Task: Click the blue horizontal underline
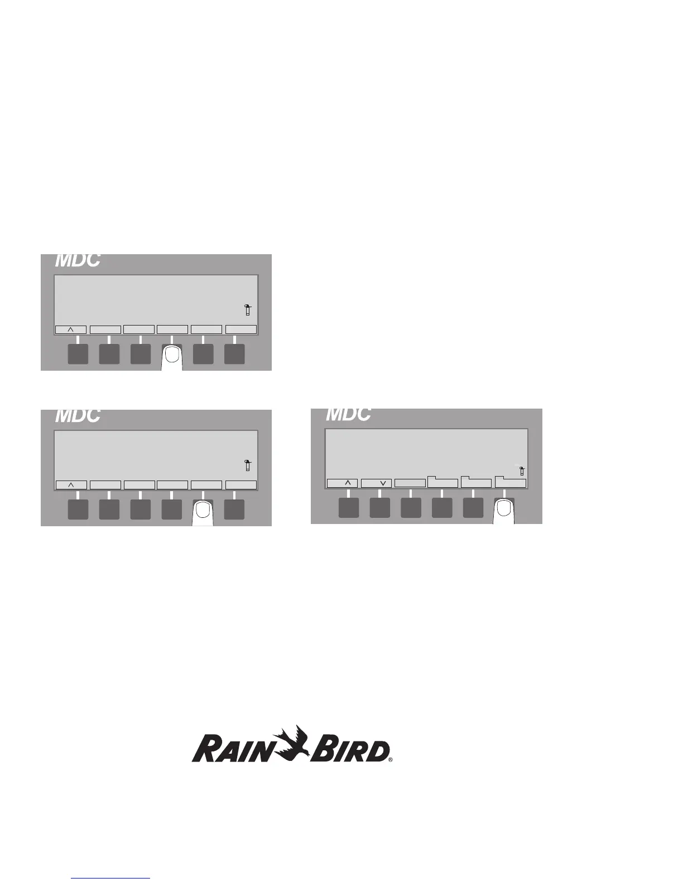click(x=111, y=878)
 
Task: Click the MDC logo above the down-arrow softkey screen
click(x=348, y=414)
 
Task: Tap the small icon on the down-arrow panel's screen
click(x=522, y=470)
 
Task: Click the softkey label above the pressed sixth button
click(x=511, y=482)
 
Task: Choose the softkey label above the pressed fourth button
click(x=172, y=329)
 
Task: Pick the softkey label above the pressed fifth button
click(x=206, y=485)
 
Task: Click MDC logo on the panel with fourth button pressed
click(x=78, y=260)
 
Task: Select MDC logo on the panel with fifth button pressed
click(x=78, y=416)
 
